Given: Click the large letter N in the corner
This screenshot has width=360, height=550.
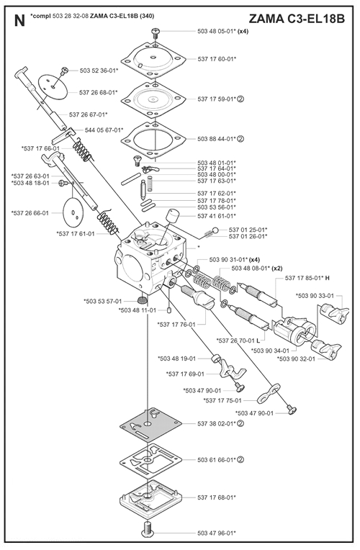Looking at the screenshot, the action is [19, 21].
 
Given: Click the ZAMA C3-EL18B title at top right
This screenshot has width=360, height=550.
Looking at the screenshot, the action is [297, 19].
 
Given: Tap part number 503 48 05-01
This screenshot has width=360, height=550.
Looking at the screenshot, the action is [216, 31].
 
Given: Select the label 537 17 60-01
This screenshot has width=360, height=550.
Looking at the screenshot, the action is [207, 59].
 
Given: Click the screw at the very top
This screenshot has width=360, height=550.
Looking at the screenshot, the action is [155, 34].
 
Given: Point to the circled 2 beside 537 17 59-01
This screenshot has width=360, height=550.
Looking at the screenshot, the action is [240, 99].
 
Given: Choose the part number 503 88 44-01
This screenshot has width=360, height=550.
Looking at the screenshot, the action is [216, 139].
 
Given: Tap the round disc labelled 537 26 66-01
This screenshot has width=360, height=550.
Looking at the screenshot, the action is [73, 212].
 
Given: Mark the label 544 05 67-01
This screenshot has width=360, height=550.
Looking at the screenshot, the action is [104, 130].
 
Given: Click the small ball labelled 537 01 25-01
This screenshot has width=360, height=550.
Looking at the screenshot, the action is [215, 230].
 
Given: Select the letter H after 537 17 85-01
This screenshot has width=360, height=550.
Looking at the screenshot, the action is [328, 278].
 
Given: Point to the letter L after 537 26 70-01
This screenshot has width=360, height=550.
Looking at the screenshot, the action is [258, 341].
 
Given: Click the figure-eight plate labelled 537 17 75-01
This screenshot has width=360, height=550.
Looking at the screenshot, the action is [269, 393].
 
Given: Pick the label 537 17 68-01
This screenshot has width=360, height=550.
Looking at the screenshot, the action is [217, 497].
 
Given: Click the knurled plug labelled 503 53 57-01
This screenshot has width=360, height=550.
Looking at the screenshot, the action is [142, 300].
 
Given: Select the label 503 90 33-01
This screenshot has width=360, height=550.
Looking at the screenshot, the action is [315, 296].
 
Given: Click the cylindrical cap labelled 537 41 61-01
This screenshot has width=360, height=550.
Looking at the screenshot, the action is [172, 215].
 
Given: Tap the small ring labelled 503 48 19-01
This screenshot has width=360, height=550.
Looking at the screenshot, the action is [216, 359].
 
